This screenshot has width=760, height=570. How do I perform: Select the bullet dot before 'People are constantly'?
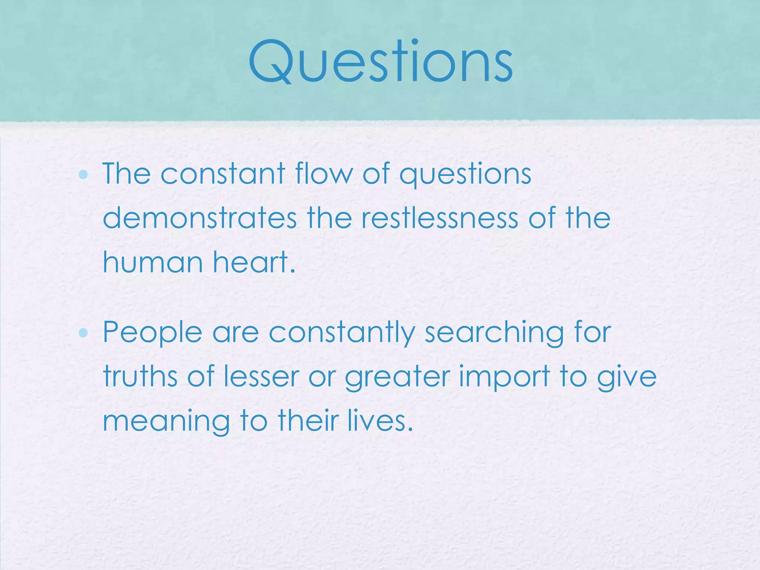(83, 333)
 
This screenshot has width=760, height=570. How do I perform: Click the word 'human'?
(153, 262)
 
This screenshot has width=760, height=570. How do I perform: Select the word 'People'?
(153, 333)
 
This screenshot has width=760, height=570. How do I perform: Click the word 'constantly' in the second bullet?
(341, 333)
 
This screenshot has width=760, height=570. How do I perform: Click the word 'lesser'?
(261, 377)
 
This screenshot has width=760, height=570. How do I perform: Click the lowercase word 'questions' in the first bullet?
(465, 174)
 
